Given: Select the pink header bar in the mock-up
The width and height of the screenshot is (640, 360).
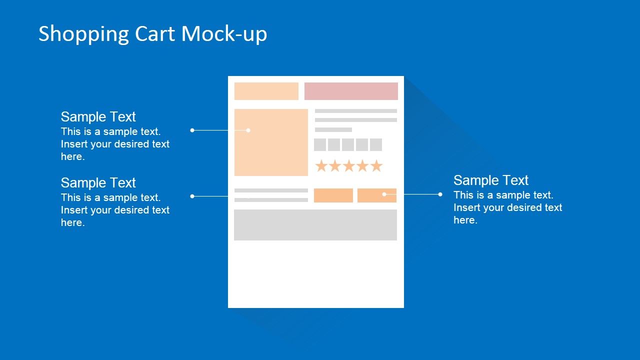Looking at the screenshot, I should point(351,91).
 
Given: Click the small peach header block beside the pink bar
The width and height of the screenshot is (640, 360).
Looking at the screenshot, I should point(266,91).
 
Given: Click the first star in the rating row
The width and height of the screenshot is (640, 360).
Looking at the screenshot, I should point(321,166).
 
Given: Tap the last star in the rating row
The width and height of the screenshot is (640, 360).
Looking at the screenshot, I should point(376,166).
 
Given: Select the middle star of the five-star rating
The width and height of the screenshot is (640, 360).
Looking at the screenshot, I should point(348,166).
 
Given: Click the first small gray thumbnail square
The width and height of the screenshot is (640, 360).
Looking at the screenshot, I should point(320,145).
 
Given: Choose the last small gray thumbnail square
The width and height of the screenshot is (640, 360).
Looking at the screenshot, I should point(376,145).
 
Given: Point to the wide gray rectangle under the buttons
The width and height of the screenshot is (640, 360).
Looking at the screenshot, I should point(315,225).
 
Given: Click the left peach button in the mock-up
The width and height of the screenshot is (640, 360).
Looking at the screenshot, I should point(333,195).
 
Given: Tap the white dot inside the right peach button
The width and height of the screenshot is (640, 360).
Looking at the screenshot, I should point(384,194).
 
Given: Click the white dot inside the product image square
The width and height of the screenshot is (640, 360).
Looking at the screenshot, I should point(248,130).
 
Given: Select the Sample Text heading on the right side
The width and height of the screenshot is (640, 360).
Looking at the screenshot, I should point(490,180).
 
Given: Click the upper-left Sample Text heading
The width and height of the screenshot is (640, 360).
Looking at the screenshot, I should point(98,117).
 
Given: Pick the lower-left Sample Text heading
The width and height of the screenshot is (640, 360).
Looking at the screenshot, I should point(98,183).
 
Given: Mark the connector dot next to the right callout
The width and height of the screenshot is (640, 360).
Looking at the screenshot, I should point(440,194).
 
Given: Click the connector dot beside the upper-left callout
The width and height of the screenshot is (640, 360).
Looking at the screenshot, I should point(192,130).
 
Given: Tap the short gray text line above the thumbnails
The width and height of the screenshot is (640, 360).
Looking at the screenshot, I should point(333,129).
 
